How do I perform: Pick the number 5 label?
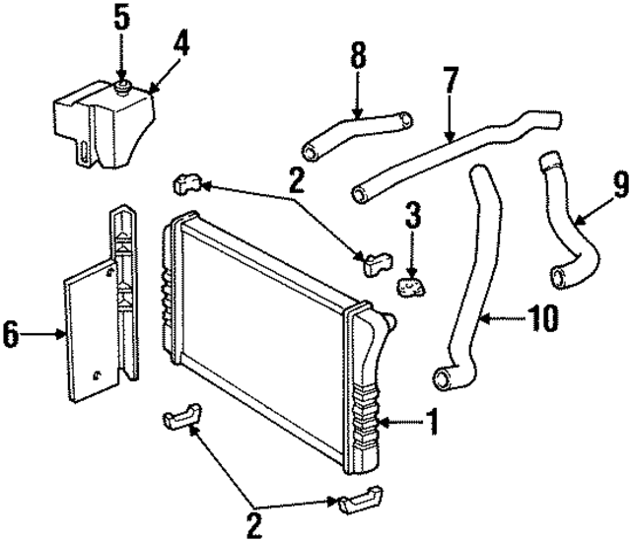tap(122, 18)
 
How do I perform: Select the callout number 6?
tap(11, 336)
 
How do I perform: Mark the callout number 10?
tap(543, 317)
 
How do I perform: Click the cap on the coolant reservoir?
tap(122, 89)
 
